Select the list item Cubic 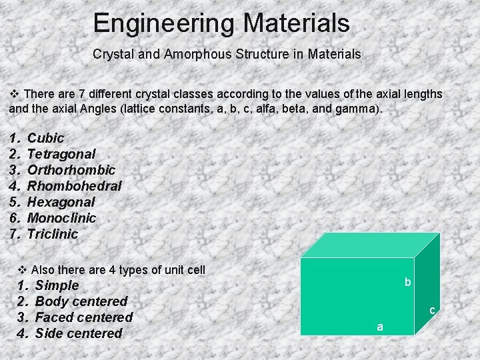[x=45, y=138]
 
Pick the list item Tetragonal [x=61, y=154]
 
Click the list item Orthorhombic [x=71, y=170]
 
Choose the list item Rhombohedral [x=74, y=186]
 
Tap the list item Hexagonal [x=61, y=202]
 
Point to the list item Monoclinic [x=61, y=218]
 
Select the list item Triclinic [x=53, y=234]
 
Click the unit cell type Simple [x=57, y=285]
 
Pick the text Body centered [x=81, y=301]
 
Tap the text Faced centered [x=83, y=317]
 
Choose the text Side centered [x=79, y=333]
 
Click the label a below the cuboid [x=380, y=327]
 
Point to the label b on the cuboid [x=408, y=283]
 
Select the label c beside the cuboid [x=432, y=310]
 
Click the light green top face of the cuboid [x=370, y=245]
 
